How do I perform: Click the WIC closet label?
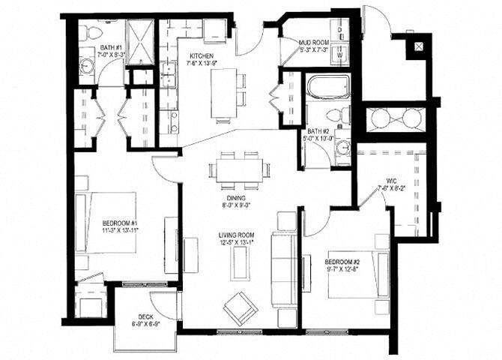[x=391, y=181]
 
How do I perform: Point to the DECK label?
[x=146, y=316]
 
